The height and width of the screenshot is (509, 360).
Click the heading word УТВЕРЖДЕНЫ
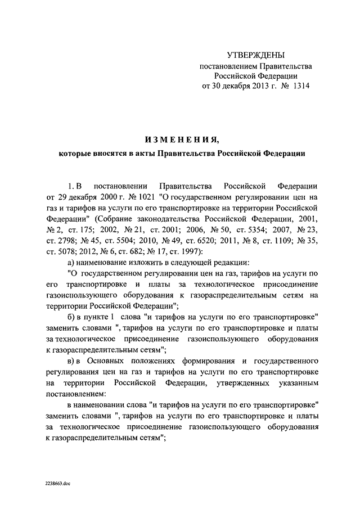tap(255, 55)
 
